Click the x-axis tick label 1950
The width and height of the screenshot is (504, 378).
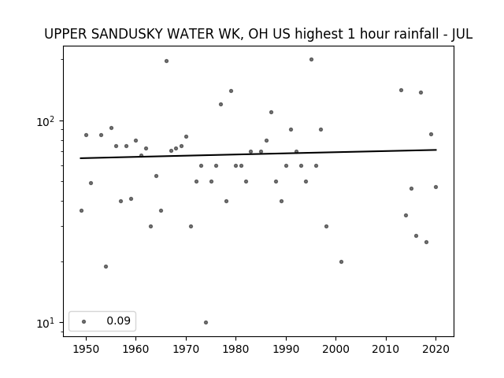coord(86,349)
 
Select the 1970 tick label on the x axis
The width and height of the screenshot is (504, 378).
coord(186,349)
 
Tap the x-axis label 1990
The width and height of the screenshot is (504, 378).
coord(286,349)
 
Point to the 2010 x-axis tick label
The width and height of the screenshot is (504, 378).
coord(386,349)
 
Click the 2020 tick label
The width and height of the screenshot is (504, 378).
coord(435,349)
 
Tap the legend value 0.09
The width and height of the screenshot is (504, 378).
coord(119,321)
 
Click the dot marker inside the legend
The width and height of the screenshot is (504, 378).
coord(84,321)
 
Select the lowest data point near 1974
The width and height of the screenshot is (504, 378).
coord(206,322)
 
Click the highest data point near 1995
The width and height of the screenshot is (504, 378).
coord(311,60)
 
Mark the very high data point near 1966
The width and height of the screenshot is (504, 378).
coord(166,61)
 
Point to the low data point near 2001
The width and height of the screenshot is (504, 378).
coord(341,262)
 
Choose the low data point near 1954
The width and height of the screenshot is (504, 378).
coord(106,266)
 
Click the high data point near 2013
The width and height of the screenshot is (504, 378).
coord(401,91)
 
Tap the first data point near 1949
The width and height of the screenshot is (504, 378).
coord(81,211)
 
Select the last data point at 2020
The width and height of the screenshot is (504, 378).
coord(435,187)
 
